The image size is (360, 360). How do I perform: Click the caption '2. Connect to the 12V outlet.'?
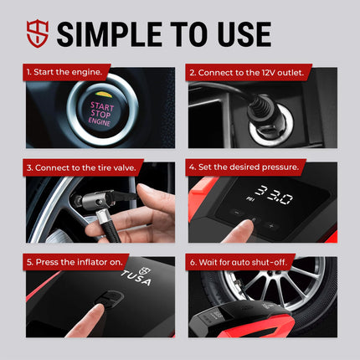click(x=246, y=72)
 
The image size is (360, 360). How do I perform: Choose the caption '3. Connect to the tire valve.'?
click(x=80, y=167)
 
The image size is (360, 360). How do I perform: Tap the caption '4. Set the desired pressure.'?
click(x=244, y=167)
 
